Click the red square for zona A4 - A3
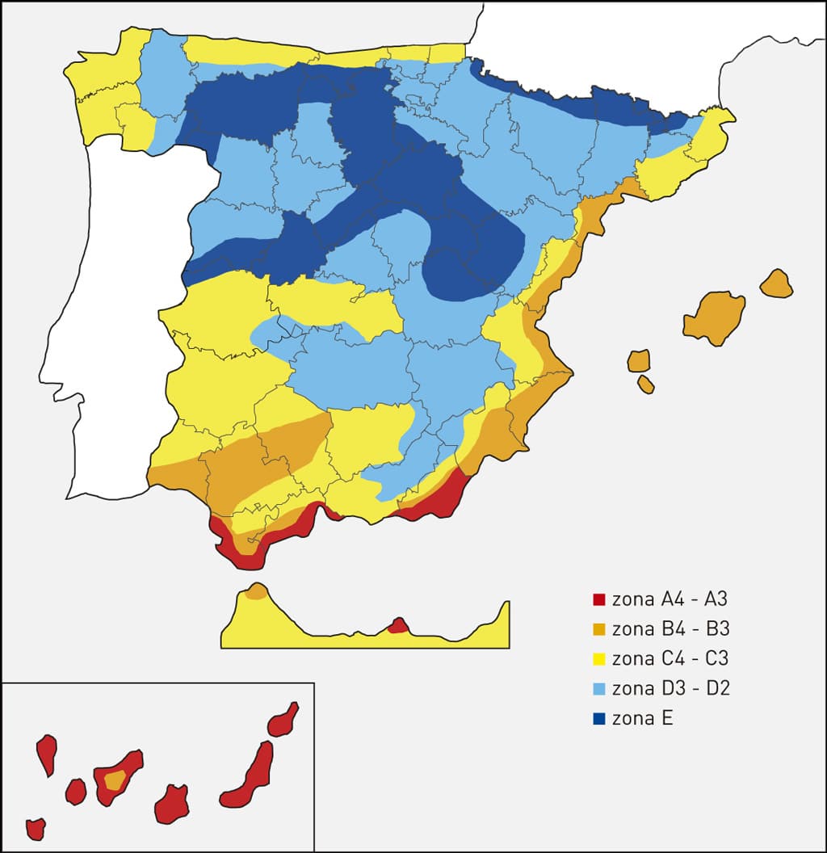click(598, 600)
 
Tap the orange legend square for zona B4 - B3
click(598, 629)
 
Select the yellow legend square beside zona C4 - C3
click(598, 659)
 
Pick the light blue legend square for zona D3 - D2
click(598, 689)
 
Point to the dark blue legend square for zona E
click(598, 718)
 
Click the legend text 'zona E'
click(642, 718)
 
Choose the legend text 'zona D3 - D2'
click(671, 689)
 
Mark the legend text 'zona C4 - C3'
click(670, 659)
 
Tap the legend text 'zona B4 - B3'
click(670, 629)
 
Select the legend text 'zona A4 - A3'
click(670, 600)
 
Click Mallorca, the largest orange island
click(714, 317)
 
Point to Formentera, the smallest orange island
click(645, 384)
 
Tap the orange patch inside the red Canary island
click(115, 779)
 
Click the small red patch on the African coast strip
click(397, 626)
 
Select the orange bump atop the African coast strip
click(257, 592)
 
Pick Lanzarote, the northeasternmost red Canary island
click(283, 721)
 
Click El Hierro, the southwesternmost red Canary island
click(36, 828)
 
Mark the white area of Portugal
click(121, 323)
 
